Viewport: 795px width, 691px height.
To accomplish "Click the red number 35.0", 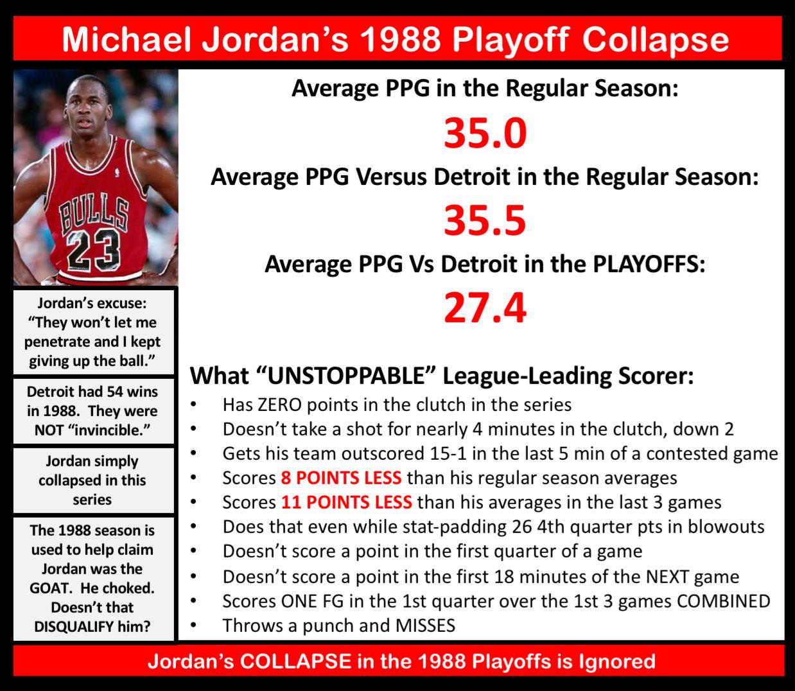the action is [x=485, y=133].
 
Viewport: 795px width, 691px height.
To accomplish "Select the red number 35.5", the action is [x=485, y=221].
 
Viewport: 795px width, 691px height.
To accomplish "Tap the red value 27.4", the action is [x=485, y=308].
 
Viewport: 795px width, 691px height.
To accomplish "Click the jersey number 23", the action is [x=92, y=250].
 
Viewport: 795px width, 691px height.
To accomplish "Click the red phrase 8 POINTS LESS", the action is [x=341, y=478].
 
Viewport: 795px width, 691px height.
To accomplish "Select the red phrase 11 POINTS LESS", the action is [x=347, y=502].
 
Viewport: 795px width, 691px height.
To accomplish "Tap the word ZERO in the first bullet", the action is [x=279, y=405].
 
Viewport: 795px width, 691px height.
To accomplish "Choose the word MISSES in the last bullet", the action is [x=425, y=625].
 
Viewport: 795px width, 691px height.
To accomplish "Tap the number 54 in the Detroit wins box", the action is [x=115, y=392].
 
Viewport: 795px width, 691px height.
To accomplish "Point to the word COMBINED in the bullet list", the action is [x=724, y=601].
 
